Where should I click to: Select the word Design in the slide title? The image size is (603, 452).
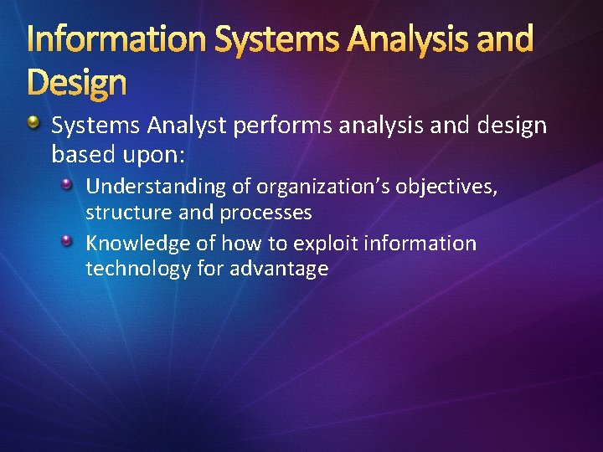click(76, 83)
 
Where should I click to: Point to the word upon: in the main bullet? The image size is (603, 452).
click(161, 155)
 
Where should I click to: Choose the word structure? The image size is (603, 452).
click(128, 213)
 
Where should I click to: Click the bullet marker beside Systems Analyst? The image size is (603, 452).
click(33, 125)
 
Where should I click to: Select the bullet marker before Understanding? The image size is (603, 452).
click(70, 183)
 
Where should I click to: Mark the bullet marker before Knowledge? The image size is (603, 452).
click(70, 241)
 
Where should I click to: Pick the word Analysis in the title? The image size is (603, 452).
click(389, 39)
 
